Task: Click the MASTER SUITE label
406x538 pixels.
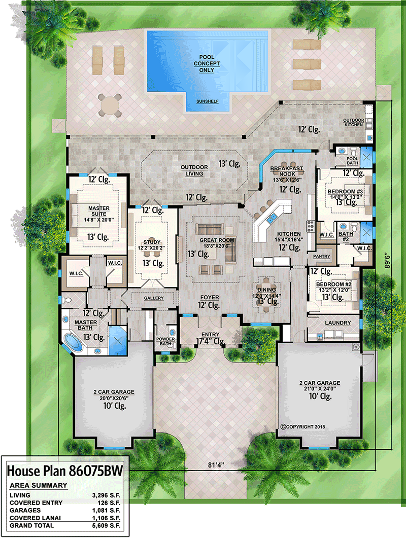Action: click(x=98, y=211)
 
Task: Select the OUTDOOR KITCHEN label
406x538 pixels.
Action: click(x=353, y=122)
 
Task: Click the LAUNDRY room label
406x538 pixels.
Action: click(x=337, y=322)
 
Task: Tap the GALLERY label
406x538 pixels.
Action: click(x=153, y=298)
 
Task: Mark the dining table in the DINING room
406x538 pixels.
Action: click(x=266, y=293)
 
